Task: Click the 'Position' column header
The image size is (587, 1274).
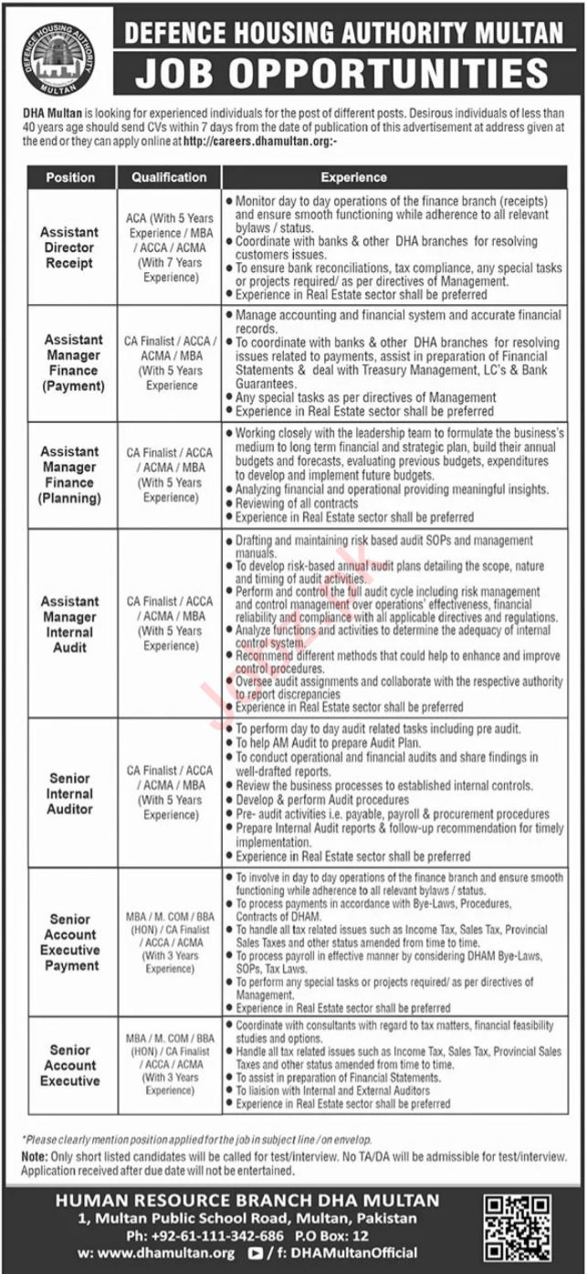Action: click(71, 177)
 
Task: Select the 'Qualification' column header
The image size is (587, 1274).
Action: click(169, 177)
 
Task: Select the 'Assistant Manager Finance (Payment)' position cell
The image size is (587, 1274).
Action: click(72, 363)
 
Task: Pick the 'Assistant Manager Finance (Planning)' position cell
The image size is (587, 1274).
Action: click(70, 475)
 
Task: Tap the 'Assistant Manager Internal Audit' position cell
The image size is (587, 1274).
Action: click(70, 624)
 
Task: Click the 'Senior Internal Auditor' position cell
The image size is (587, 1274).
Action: click(70, 794)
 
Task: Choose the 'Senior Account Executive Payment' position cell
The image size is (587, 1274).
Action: click(70, 942)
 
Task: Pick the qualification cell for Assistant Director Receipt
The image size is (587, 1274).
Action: click(169, 247)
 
